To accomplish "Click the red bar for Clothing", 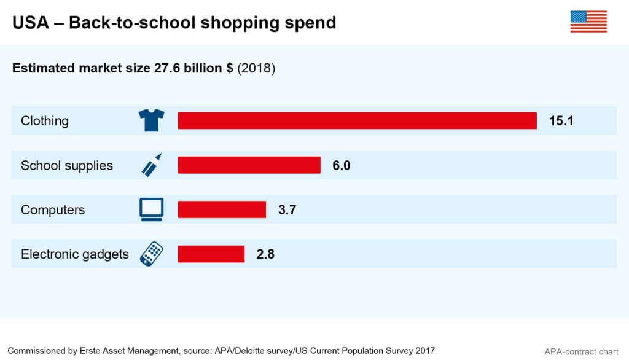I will [357, 121].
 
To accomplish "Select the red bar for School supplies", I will [249, 165].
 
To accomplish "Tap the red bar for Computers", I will [222, 209].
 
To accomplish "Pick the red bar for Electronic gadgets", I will [211, 254].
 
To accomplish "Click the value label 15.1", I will [561, 121].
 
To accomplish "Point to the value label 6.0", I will [342, 165].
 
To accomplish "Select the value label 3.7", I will [287, 209].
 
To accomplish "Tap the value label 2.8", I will [265, 254].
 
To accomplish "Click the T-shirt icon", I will [151, 120].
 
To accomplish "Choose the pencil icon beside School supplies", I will [151, 165].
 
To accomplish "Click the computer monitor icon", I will [151, 209].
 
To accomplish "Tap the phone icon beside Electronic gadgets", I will [151, 254].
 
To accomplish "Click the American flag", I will [588, 22].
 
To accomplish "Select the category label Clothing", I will [45, 121].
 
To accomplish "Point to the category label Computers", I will [53, 210].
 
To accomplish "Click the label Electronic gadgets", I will [75, 254].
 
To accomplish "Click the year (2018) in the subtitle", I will [256, 68].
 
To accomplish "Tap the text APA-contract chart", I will [581, 352].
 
